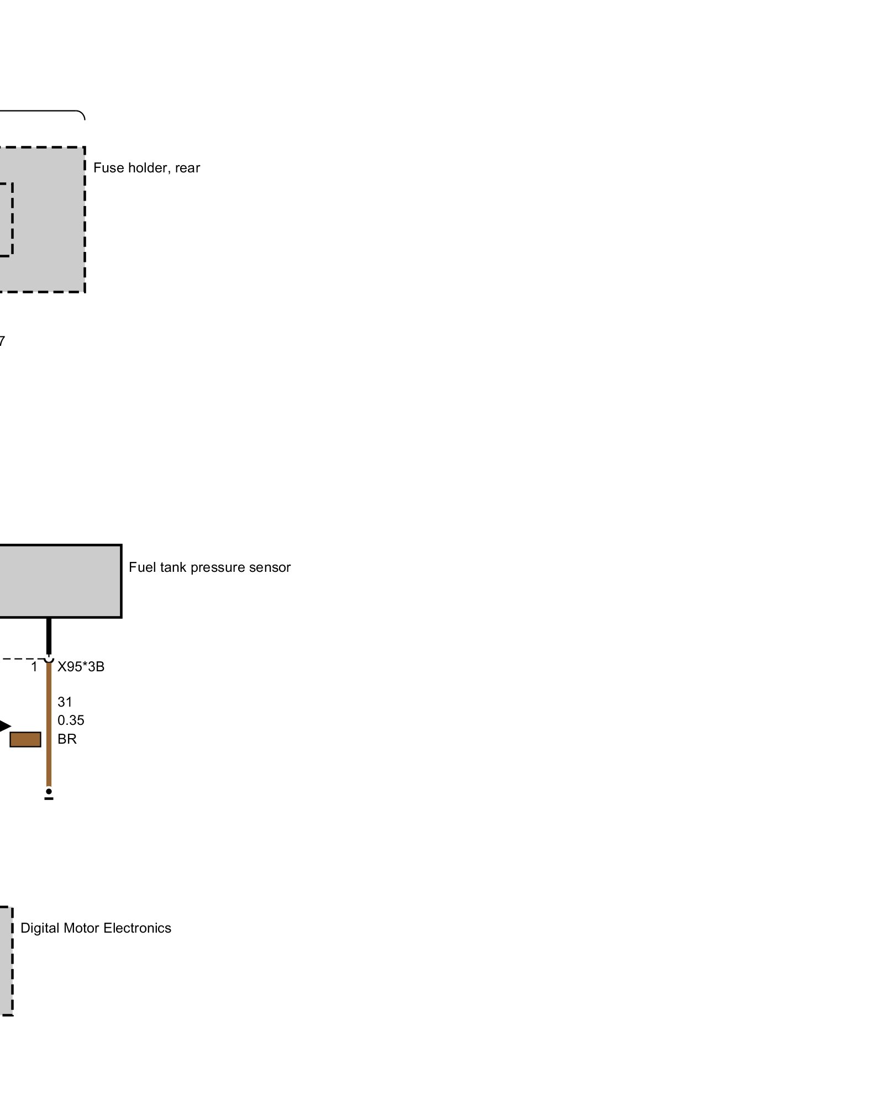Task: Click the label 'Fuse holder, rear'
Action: (x=146, y=168)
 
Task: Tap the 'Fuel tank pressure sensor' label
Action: (x=209, y=567)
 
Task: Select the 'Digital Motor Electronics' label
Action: (x=96, y=928)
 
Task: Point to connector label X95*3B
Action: (x=81, y=667)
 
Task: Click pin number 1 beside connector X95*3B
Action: (x=34, y=667)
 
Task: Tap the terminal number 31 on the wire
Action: (x=65, y=702)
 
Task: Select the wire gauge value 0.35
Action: (x=71, y=720)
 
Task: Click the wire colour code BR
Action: (x=67, y=739)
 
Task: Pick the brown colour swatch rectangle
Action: (x=25, y=739)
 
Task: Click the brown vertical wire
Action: (x=49, y=724)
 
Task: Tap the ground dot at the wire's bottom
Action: (x=49, y=792)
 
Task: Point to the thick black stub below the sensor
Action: (x=49, y=635)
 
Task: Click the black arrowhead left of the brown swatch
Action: (x=4, y=726)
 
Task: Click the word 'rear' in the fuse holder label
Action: (x=187, y=168)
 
